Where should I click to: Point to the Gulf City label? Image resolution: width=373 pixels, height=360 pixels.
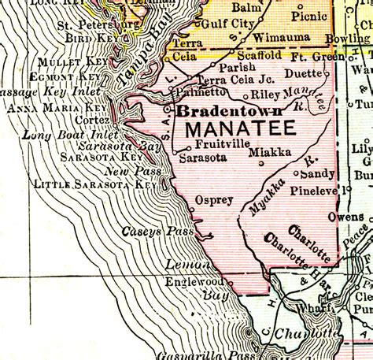(x=229, y=24)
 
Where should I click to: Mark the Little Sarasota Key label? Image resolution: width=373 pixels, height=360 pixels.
(x=96, y=184)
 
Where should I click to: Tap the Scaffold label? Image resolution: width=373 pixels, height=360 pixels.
(x=260, y=55)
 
